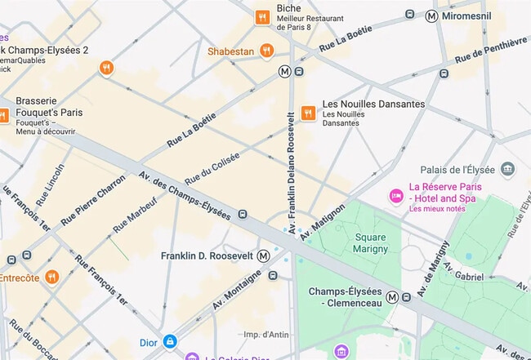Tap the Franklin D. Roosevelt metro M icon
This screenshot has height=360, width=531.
(x=263, y=256)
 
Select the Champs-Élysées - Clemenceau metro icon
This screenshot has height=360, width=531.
(x=393, y=297)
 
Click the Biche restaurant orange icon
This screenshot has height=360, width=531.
(x=261, y=16)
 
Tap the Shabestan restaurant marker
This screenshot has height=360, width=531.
(x=265, y=51)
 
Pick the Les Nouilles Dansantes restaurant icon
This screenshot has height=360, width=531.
(x=308, y=113)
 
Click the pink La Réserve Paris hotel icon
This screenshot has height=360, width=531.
(x=395, y=196)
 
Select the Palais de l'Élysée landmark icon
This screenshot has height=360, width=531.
(x=508, y=169)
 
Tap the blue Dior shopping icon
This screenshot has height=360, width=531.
(x=170, y=340)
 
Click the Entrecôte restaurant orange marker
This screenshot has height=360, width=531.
(x=51, y=278)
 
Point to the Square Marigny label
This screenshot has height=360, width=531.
(x=369, y=243)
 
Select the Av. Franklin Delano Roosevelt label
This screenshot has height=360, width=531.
(x=291, y=163)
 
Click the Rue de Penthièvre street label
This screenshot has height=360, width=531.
(x=490, y=50)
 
